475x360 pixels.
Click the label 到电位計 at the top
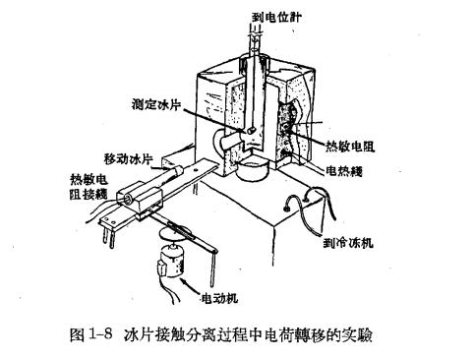(x=275, y=17)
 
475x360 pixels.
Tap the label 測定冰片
(x=156, y=104)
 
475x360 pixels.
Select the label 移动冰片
(x=129, y=159)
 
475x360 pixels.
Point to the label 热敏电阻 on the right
(x=350, y=146)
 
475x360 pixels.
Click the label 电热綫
(x=344, y=171)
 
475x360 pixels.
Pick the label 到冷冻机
(x=348, y=243)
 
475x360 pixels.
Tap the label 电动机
(x=219, y=298)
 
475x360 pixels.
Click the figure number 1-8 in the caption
(x=99, y=334)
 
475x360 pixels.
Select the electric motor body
(x=170, y=262)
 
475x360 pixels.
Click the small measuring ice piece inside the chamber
(x=252, y=130)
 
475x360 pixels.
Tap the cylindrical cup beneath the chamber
(x=253, y=171)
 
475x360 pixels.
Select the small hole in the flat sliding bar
(x=196, y=169)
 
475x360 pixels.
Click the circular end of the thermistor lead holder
(x=126, y=199)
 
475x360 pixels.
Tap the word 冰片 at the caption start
(x=136, y=334)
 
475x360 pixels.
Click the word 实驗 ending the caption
(x=360, y=334)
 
